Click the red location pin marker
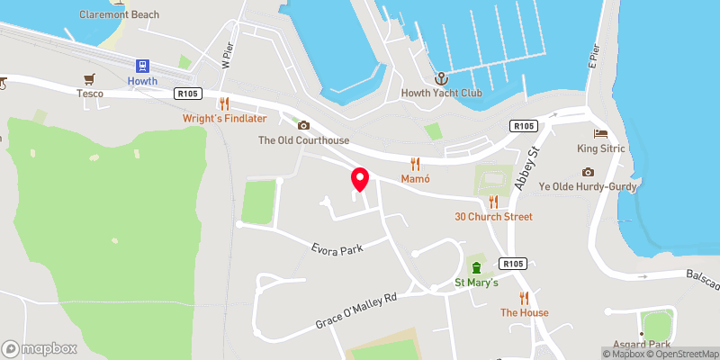359,179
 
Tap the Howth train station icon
141,65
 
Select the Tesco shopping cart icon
89,79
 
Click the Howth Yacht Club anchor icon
440,78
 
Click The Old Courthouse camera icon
303,125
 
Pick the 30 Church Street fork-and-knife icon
493,201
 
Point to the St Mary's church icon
477,267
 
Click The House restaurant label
524,312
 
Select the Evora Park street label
337,247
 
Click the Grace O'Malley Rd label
355,310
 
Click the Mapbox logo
39,348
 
